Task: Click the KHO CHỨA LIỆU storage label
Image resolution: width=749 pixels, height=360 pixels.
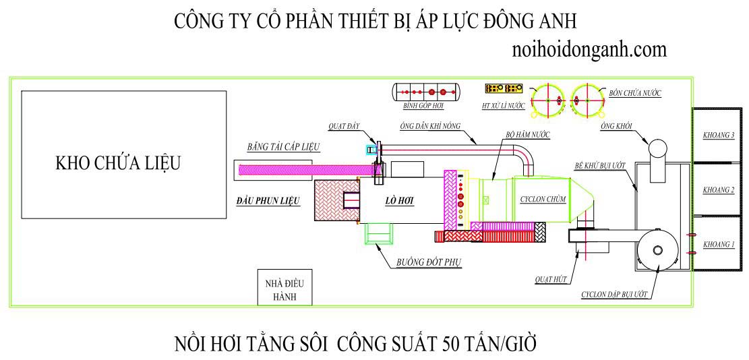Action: point(118,163)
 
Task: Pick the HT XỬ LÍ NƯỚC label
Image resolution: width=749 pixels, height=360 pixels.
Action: point(504,106)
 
